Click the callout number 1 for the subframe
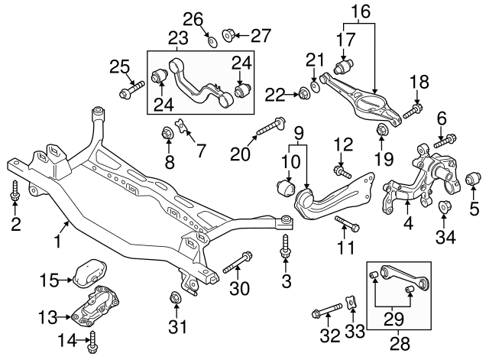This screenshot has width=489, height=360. tap(57, 244)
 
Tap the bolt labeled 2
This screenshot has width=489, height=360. tap(15, 194)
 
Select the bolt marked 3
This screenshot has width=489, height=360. tap(286, 245)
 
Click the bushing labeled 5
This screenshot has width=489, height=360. tap(473, 181)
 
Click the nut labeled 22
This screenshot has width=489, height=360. tap(303, 94)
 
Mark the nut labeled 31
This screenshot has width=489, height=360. tap(175, 297)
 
